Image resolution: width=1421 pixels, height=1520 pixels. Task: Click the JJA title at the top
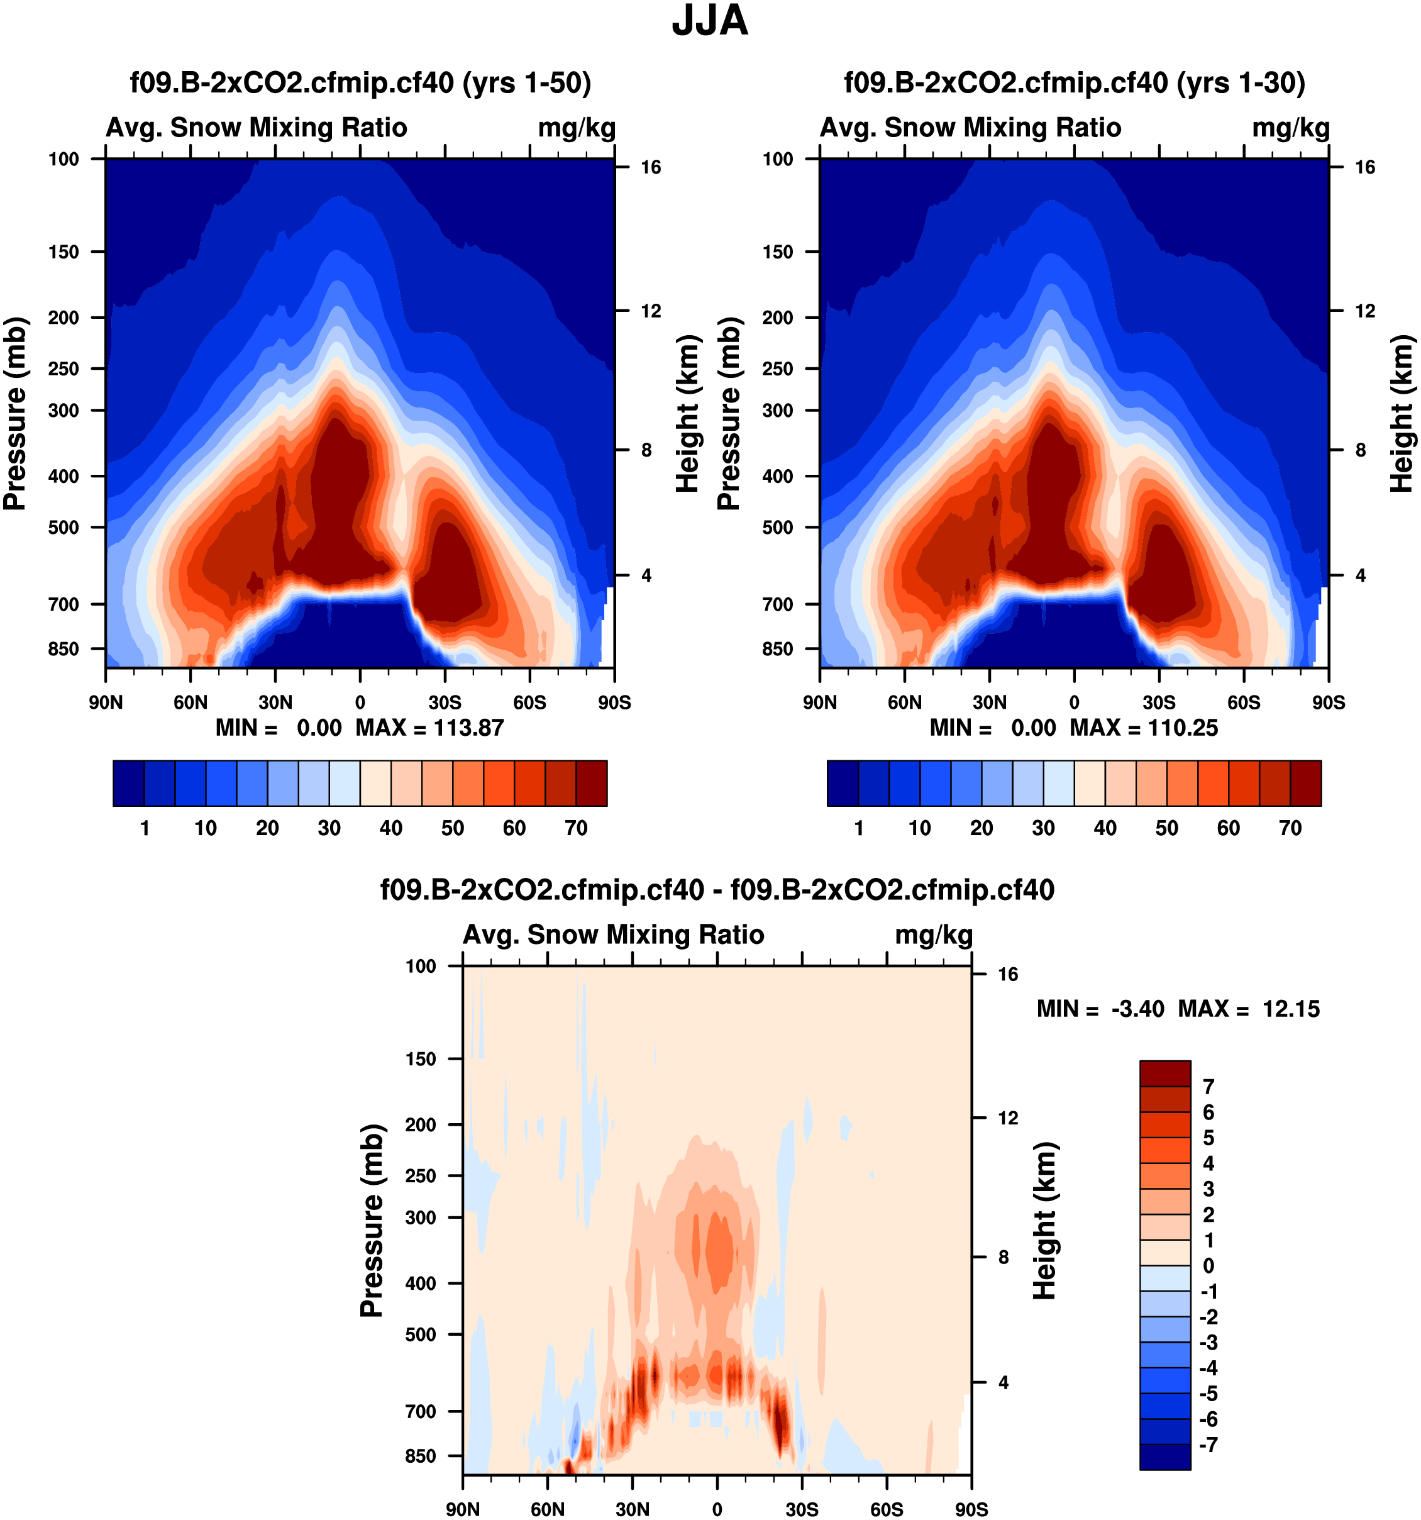click(709, 21)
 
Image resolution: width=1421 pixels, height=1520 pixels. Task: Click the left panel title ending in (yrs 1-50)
click(360, 82)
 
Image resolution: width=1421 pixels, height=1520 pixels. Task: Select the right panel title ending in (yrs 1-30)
click(1074, 82)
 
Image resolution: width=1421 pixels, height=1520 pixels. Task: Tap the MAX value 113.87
click(468, 728)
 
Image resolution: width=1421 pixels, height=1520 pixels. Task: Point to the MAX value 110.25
click(1183, 728)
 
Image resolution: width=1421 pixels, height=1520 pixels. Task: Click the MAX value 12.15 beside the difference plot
click(1290, 1009)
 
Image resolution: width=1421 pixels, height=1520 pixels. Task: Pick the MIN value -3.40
click(1137, 1009)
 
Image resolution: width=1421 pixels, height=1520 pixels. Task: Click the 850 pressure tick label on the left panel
click(64, 649)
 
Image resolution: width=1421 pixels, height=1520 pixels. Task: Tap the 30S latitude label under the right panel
click(1159, 702)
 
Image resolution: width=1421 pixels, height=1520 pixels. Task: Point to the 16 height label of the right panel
click(1364, 167)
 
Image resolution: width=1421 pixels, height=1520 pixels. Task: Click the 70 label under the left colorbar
click(575, 828)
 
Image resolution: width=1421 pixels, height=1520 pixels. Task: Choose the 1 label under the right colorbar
click(858, 828)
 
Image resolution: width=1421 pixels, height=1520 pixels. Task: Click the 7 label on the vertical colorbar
click(1208, 1087)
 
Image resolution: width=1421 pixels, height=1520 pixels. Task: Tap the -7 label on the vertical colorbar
click(1208, 1445)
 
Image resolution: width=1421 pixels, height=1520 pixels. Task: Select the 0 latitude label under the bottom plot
click(716, 1509)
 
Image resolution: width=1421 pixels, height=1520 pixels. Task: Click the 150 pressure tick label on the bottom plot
click(421, 1059)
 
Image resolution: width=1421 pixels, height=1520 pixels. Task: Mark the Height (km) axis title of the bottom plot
click(1045, 1221)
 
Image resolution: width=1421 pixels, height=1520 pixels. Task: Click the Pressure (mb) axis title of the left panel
click(15, 413)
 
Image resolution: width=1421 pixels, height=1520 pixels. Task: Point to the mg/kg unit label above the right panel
click(1290, 128)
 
